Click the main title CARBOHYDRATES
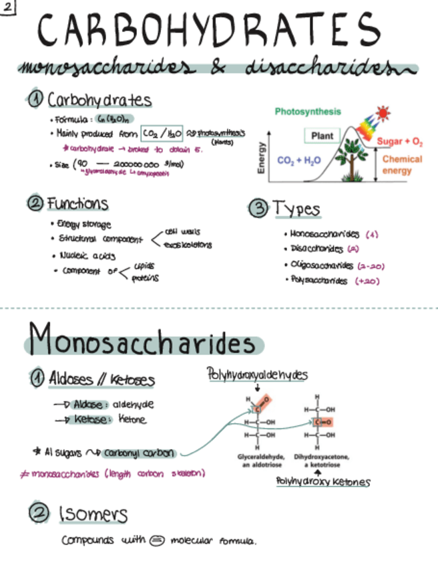pyautogui.click(x=208, y=31)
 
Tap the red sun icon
pyautogui.click(x=383, y=112)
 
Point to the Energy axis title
pyautogui.click(x=262, y=158)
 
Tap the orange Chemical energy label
pyautogui.click(x=402, y=164)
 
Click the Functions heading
pyautogui.click(x=76, y=203)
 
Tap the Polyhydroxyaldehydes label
pyautogui.click(x=257, y=375)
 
